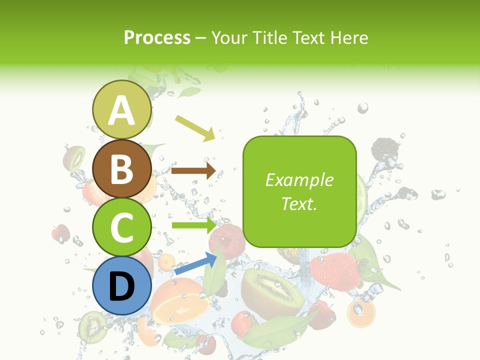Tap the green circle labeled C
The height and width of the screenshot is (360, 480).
[x=122, y=227]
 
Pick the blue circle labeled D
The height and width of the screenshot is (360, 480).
[x=122, y=285]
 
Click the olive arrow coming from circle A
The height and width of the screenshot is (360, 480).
[x=194, y=127]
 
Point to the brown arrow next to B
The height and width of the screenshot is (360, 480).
[x=193, y=170]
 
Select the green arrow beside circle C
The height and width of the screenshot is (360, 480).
[x=193, y=225]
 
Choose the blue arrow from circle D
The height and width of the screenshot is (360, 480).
[x=195, y=264]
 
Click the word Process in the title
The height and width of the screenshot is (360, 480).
[x=157, y=37]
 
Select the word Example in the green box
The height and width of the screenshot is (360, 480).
[x=299, y=180]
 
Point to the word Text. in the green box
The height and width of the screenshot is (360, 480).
[x=299, y=203]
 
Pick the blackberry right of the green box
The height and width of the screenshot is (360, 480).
[x=385, y=148]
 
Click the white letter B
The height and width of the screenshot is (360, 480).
[x=122, y=169]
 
